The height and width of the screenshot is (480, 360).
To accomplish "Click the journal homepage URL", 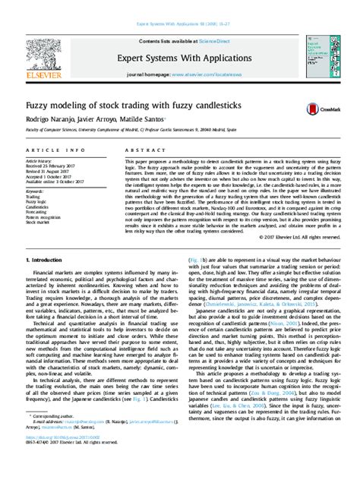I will point(209,75).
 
